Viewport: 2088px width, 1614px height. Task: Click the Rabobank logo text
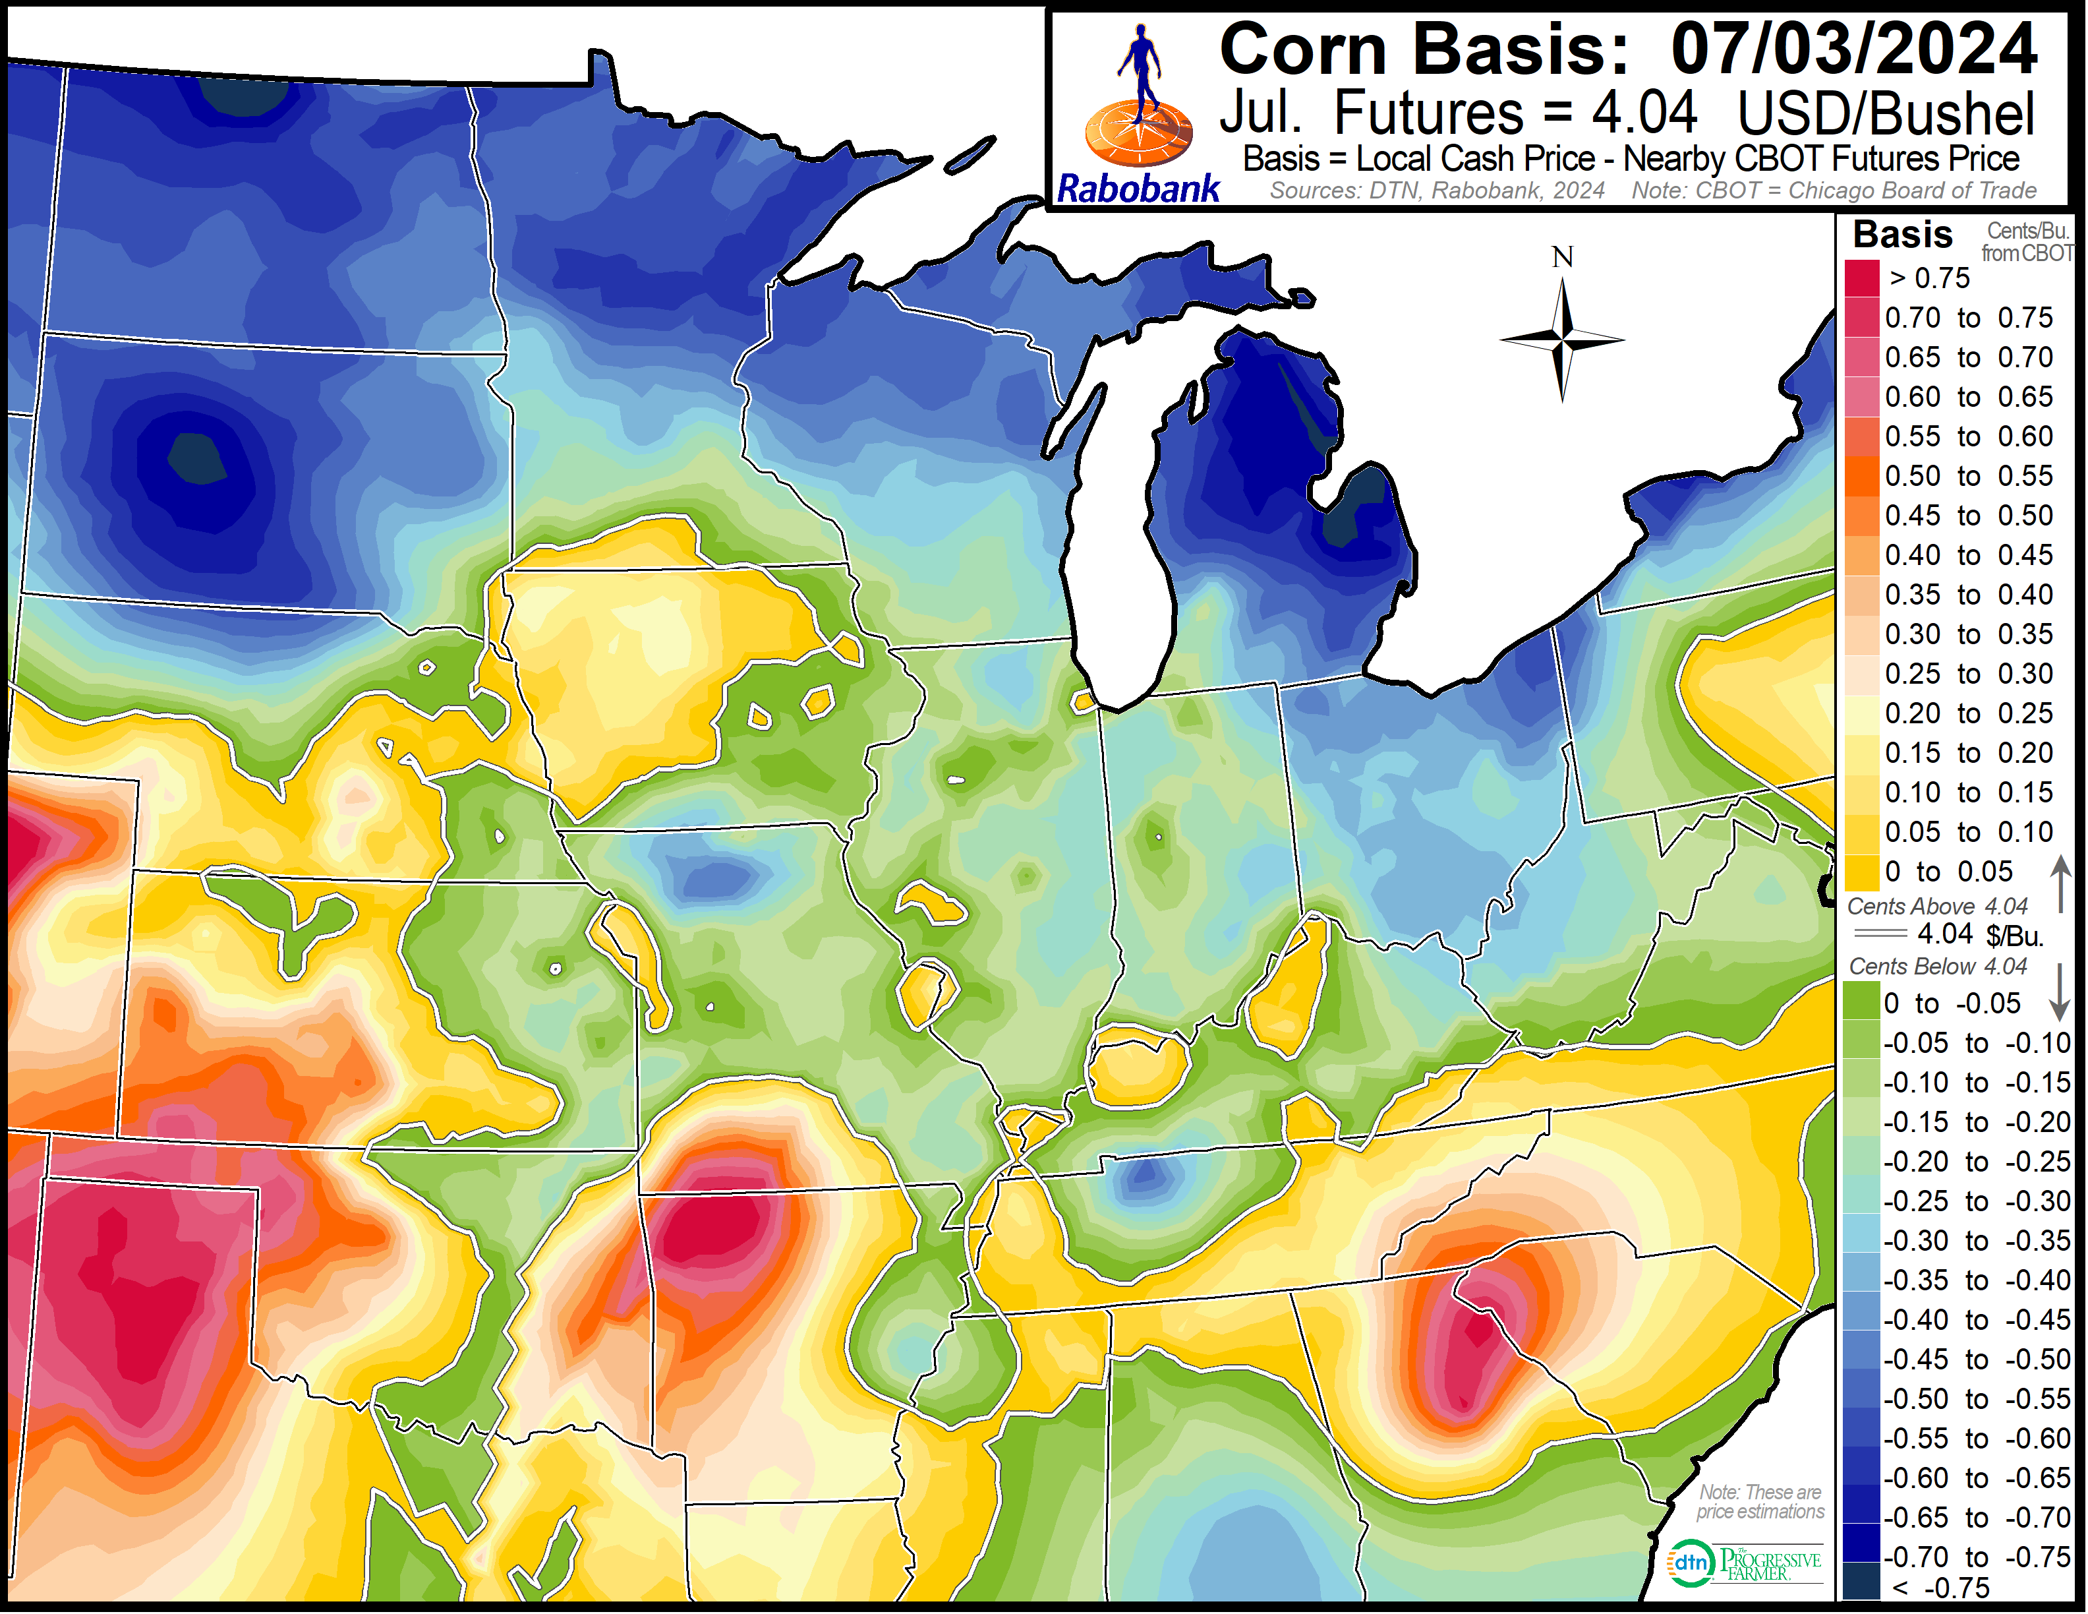point(1138,189)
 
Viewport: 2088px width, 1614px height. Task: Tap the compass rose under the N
point(1562,340)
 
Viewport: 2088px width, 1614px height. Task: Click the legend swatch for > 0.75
point(1861,278)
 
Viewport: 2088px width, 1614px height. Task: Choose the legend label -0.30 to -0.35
point(1976,1241)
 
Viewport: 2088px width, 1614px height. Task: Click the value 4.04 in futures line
point(1644,113)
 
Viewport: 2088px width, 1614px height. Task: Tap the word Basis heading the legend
point(1903,234)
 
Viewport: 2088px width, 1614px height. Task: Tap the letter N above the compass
point(1562,257)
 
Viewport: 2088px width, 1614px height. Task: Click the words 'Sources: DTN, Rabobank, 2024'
point(1437,191)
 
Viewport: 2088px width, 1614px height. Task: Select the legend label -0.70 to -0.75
point(1976,1557)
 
